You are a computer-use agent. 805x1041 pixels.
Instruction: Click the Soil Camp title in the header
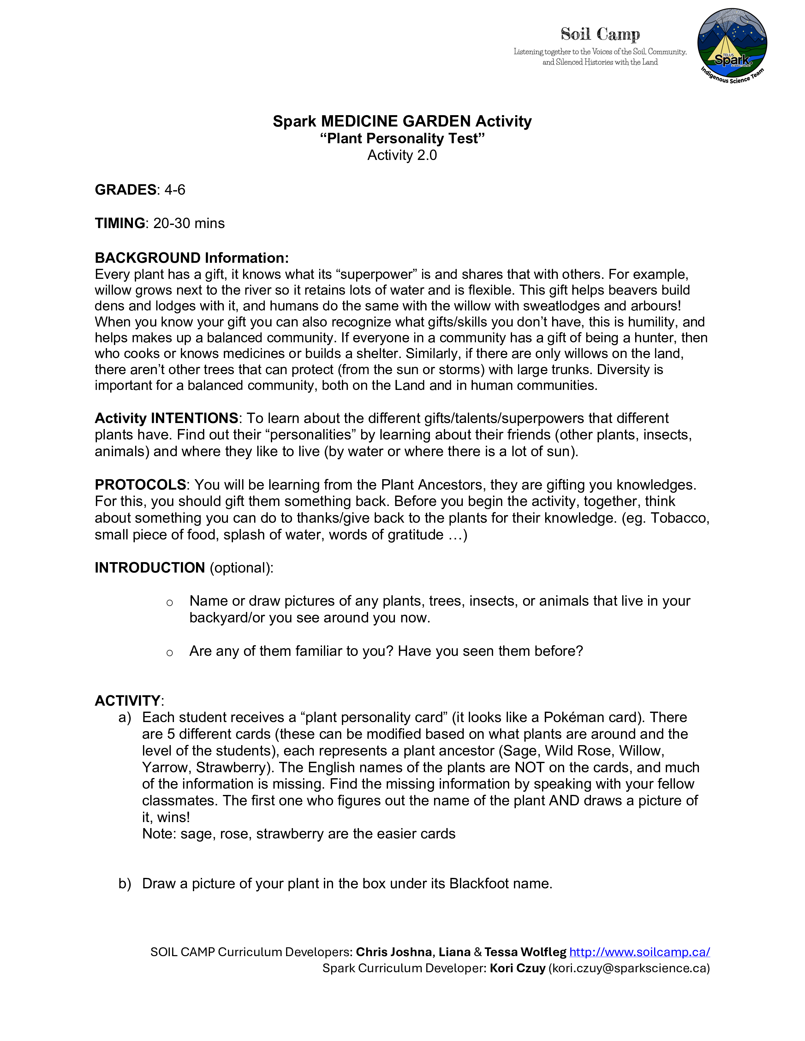600,34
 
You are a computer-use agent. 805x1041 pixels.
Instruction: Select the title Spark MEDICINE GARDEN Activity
402,121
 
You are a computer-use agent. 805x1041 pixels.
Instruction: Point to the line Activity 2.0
402,156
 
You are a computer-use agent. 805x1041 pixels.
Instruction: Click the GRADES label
125,190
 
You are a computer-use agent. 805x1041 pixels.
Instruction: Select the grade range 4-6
175,190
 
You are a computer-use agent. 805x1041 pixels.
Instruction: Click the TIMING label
120,223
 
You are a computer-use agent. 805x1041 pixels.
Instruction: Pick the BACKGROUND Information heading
192,258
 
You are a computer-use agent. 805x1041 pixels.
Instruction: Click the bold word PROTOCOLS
140,485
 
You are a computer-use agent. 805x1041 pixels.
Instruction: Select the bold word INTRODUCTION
150,568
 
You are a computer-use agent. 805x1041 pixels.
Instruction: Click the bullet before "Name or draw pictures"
169,603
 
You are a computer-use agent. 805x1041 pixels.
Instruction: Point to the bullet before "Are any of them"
169,653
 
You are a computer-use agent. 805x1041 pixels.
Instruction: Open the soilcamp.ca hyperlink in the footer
640,952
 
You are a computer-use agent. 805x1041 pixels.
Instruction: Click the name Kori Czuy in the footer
517,968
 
